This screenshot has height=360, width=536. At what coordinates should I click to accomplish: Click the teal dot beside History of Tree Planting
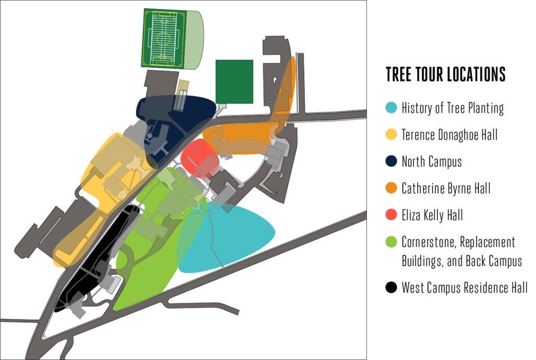coord(390,108)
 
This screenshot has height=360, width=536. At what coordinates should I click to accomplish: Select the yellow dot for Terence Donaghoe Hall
coord(390,134)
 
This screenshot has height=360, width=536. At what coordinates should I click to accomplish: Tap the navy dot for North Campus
coord(390,161)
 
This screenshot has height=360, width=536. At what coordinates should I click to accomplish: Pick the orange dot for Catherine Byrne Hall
coord(390,188)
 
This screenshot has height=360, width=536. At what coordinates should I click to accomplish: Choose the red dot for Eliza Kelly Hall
coord(390,215)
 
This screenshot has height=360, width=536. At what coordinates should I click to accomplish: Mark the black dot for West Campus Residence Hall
coord(390,287)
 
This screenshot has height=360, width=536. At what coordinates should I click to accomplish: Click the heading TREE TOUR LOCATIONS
coord(445,74)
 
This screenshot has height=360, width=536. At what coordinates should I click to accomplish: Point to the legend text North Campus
coord(431,161)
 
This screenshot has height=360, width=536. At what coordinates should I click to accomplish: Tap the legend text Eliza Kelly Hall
coord(432,215)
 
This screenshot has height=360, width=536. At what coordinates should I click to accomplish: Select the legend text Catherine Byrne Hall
coord(446,188)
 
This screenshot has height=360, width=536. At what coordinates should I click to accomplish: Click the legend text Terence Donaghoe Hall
coord(449,134)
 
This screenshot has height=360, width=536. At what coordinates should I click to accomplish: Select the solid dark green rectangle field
coord(234,81)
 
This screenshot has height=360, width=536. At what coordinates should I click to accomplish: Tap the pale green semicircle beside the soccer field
coord(195,39)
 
